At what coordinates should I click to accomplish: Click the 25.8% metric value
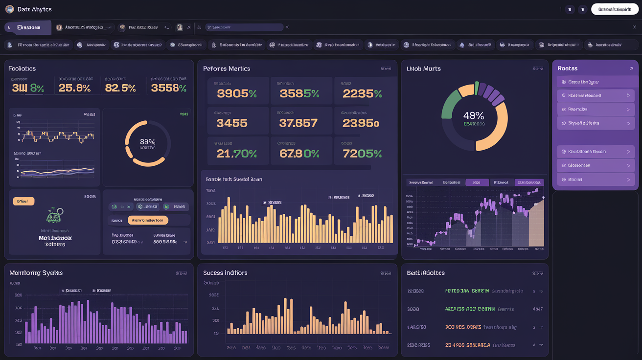click(74, 88)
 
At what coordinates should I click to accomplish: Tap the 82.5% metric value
click(120, 88)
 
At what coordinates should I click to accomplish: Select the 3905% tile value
click(237, 94)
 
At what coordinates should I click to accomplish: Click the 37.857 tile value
click(298, 123)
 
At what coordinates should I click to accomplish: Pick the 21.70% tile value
click(237, 154)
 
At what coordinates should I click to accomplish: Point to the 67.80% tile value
click(299, 154)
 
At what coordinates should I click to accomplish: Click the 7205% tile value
click(362, 154)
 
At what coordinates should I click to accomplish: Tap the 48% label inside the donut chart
click(473, 116)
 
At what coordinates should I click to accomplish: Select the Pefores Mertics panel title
click(227, 68)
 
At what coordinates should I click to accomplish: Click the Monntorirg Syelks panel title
click(36, 272)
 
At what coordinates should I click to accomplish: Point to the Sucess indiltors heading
click(225, 272)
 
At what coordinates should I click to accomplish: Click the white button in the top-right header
click(615, 9)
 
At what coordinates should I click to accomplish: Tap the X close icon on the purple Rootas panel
click(632, 68)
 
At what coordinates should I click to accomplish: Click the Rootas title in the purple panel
click(568, 68)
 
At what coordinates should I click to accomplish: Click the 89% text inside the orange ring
click(147, 141)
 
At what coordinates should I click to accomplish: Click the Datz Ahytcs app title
click(34, 9)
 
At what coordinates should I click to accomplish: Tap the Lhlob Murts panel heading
click(424, 68)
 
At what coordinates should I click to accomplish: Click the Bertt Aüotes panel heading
click(426, 272)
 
